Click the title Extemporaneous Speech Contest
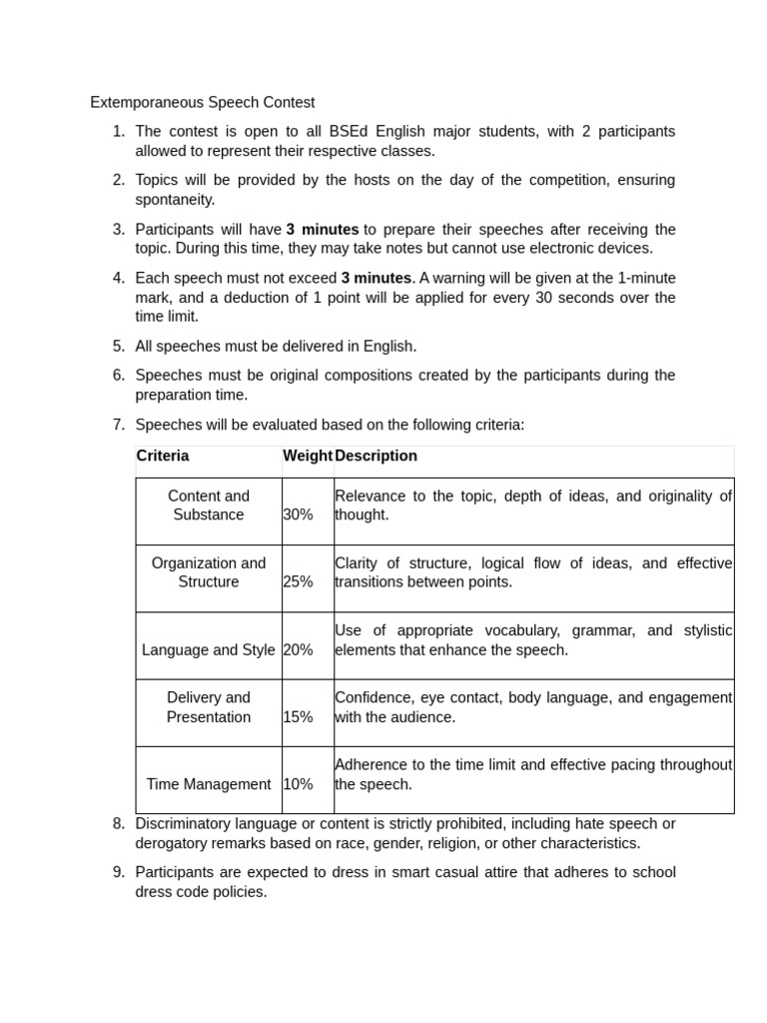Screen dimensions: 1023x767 click(x=202, y=102)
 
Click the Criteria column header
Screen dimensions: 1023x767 click(x=163, y=456)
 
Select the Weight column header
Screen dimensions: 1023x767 click(x=308, y=456)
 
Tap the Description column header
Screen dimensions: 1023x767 click(x=377, y=456)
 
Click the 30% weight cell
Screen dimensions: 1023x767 click(x=298, y=514)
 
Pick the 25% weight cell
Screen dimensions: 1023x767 click(x=298, y=581)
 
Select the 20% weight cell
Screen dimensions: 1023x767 click(x=298, y=649)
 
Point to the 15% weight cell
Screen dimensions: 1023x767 click(x=298, y=716)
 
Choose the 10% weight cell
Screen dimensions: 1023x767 click(x=298, y=784)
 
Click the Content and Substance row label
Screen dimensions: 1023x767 click(x=209, y=506)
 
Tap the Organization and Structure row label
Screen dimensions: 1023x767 click(x=209, y=572)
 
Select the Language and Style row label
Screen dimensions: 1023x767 click(x=209, y=649)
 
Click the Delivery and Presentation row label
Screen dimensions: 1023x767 click(x=209, y=707)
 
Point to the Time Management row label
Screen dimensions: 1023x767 click(x=209, y=784)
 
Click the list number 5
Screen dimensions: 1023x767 click(x=118, y=346)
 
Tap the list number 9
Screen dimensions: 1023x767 click(x=118, y=872)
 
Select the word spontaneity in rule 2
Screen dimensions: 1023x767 click(x=175, y=200)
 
